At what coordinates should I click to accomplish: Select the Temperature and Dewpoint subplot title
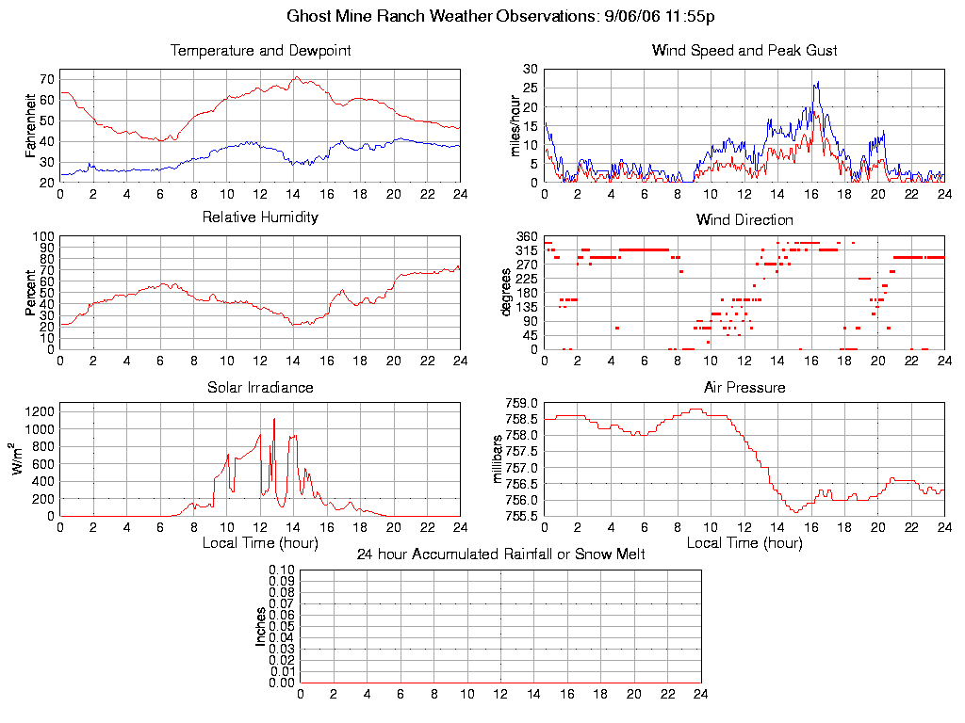pyautogui.click(x=260, y=51)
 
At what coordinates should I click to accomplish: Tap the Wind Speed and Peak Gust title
pyautogui.click(x=744, y=51)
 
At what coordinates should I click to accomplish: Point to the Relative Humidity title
pyautogui.click(x=260, y=217)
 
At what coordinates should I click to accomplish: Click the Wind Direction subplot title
pyautogui.click(x=744, y=219)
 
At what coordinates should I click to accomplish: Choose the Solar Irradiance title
pyautogui.click(x=260, y=387)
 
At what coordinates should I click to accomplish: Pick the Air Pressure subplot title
pyautogui.click(x=744, y=387)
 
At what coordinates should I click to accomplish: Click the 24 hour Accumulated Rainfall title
pyautogui.click(x=500, y=554)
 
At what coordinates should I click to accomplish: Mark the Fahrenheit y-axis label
pyautogui.click(x=31, y=125)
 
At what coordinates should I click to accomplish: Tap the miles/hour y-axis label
pyautogui.click(x=515, y=125)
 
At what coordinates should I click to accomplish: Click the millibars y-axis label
pyautogui.click(x=500, y=458)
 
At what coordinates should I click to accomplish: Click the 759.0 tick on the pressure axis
pyautogui.click(x=521, y=403)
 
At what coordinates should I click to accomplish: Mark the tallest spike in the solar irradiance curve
pyautogui.click(x=274, y=419)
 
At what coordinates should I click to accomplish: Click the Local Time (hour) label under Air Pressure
pyautogui.click(x=744, y=543)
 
